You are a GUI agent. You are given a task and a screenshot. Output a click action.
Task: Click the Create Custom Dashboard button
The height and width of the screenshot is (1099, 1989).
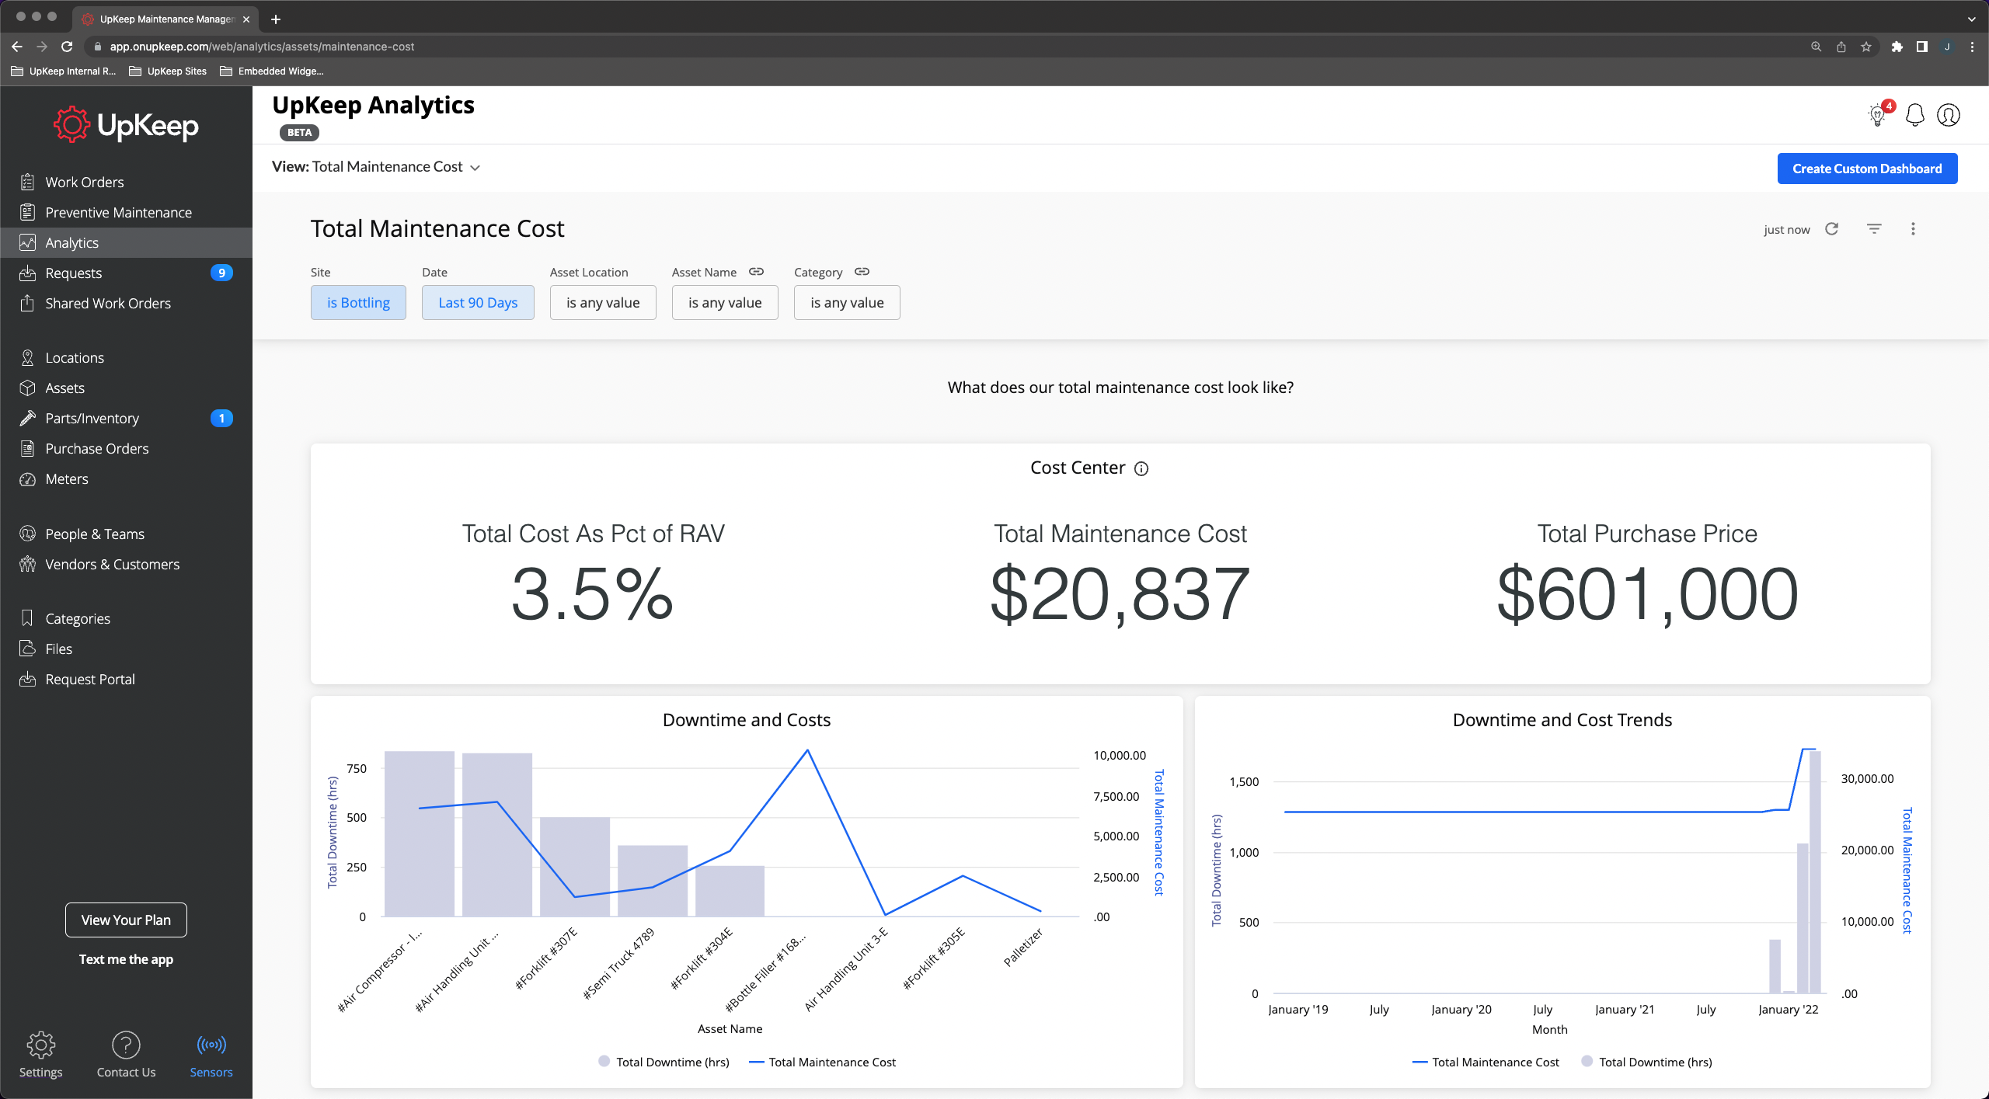pos(1866,169)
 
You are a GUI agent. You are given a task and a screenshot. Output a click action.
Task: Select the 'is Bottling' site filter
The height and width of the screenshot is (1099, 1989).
pos(358,303)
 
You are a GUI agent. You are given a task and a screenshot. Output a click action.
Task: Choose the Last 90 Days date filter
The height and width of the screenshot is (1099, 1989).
pos(478,303)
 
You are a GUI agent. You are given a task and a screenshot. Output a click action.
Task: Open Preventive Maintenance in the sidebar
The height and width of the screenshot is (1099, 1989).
pos(118,212)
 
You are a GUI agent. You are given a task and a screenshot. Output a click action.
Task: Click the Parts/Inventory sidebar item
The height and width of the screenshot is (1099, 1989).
pos(92,418)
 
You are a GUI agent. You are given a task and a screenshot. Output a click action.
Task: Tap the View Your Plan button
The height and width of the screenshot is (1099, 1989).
pos(126,920)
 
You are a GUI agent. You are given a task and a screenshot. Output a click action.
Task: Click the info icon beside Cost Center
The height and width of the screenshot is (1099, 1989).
pos(1141,468)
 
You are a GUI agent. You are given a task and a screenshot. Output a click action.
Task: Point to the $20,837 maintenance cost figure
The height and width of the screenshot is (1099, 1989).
pos(1120,594)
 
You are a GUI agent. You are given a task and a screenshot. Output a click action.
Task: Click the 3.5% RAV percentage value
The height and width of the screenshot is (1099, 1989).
pos(592,594)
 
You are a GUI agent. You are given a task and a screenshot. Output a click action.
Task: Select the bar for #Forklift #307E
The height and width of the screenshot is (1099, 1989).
pos(574,866)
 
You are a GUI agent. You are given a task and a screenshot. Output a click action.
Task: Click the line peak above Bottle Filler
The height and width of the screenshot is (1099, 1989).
pos(807,750)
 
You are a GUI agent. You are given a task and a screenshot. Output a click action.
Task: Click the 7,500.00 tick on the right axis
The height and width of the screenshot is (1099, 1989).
pos(1116,796)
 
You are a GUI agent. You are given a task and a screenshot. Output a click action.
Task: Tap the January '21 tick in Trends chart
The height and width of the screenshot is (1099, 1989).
pos(1624,1009)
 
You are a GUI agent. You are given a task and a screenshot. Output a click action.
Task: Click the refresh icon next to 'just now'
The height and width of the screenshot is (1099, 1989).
pos(1832,229)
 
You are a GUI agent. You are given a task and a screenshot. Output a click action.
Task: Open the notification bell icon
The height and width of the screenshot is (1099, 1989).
pos(1915,115)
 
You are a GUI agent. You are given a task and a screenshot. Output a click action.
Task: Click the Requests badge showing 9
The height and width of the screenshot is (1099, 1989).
pos(221,273)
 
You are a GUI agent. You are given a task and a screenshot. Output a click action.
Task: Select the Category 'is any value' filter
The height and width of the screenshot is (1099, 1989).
pos(847,303)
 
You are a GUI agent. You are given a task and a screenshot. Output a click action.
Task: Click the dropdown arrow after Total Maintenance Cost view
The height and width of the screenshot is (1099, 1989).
pos(475,168)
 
